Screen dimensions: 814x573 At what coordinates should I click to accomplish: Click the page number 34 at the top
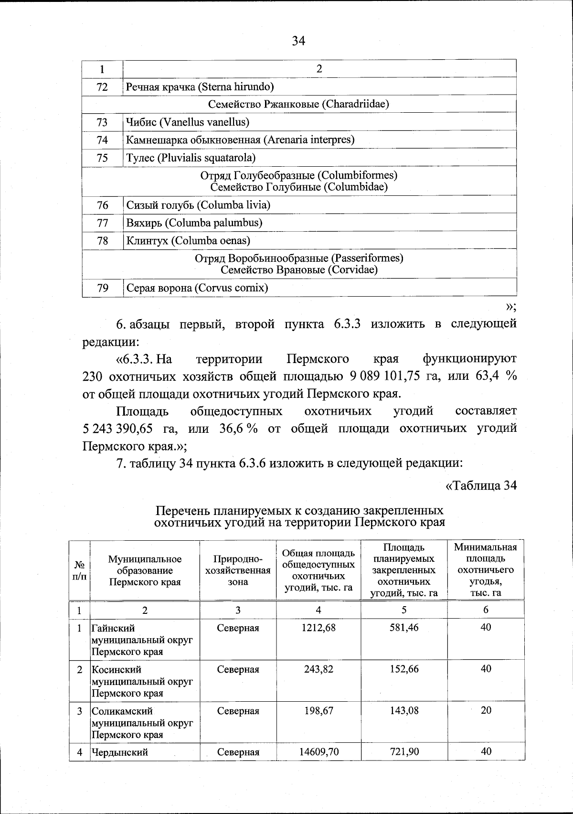tap(298, 41)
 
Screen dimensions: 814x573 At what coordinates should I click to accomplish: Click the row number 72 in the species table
tap(102, 87)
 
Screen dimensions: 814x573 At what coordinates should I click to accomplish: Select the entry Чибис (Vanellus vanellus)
tap(188, 122)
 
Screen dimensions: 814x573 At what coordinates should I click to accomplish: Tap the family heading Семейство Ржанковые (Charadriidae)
tap(299, 104)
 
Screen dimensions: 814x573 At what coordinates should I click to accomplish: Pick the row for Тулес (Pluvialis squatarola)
tap(191, 158)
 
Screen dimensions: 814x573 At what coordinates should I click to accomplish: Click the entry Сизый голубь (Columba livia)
tap(198, 205)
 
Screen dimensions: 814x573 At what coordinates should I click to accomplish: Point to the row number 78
tap(102, 241)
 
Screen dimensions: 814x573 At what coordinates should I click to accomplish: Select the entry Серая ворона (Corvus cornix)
tap(197, 288)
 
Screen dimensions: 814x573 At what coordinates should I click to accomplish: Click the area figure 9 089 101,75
tap(384, 376)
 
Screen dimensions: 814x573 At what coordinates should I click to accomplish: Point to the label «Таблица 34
tap(481, 485)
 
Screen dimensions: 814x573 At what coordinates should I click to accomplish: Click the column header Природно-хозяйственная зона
tap(238, 570)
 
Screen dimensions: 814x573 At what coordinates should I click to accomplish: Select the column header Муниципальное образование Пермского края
tap(145, 570)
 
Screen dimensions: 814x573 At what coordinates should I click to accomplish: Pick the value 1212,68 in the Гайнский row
tap(318, 628)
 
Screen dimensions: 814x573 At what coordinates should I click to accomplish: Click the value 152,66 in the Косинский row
tap(404, 669)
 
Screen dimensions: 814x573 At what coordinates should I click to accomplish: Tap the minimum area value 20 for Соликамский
tap(486, 710)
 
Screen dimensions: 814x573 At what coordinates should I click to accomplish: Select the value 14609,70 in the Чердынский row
tap(318, 752)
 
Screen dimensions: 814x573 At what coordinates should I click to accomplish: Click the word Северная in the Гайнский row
tap(238, 628)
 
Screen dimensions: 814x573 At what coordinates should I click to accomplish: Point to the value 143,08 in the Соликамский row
tap(404, 710)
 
